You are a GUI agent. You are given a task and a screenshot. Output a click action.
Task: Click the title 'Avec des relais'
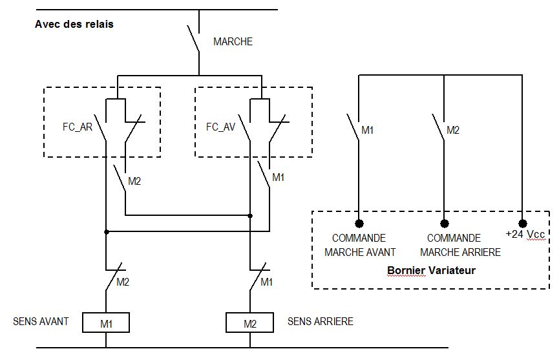pos(74,24)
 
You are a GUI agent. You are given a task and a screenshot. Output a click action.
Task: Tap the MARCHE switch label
pos(233,41)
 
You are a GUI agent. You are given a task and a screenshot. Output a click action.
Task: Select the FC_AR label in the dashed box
pos(78,127)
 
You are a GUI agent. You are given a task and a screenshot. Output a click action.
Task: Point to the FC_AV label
pos(220,127)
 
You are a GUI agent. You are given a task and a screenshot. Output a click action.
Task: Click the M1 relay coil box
pos(106,323)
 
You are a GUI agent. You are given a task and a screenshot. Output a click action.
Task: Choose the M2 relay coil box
pos(250,323)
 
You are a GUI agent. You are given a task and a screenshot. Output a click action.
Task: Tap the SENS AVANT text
pos(41,321)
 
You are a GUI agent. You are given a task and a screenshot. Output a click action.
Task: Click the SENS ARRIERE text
pos(320,321)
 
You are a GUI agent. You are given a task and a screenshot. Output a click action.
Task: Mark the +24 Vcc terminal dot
pos(523,224)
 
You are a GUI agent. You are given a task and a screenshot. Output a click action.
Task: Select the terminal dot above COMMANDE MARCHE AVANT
pos(359,224)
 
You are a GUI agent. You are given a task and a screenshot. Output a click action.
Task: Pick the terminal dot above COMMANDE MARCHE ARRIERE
pos(444,224)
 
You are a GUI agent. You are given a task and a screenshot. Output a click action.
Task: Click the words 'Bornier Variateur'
pos(432,270)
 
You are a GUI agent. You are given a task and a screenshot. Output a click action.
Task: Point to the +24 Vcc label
pos(525,234)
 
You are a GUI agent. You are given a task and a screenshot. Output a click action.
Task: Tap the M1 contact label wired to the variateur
pos(367,130)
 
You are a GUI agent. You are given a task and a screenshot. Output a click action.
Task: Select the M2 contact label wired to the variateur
pos(453,130)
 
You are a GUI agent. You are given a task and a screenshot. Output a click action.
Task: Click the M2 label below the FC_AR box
pos(134,182)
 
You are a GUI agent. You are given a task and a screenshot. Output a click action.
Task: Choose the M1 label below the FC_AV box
pos(278,178)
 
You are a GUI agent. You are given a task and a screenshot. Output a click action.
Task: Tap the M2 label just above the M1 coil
pos(123,282)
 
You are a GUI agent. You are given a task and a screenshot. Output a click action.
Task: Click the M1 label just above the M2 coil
pos(266,282)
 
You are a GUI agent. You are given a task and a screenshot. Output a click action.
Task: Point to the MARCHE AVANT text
pos(360,252)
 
